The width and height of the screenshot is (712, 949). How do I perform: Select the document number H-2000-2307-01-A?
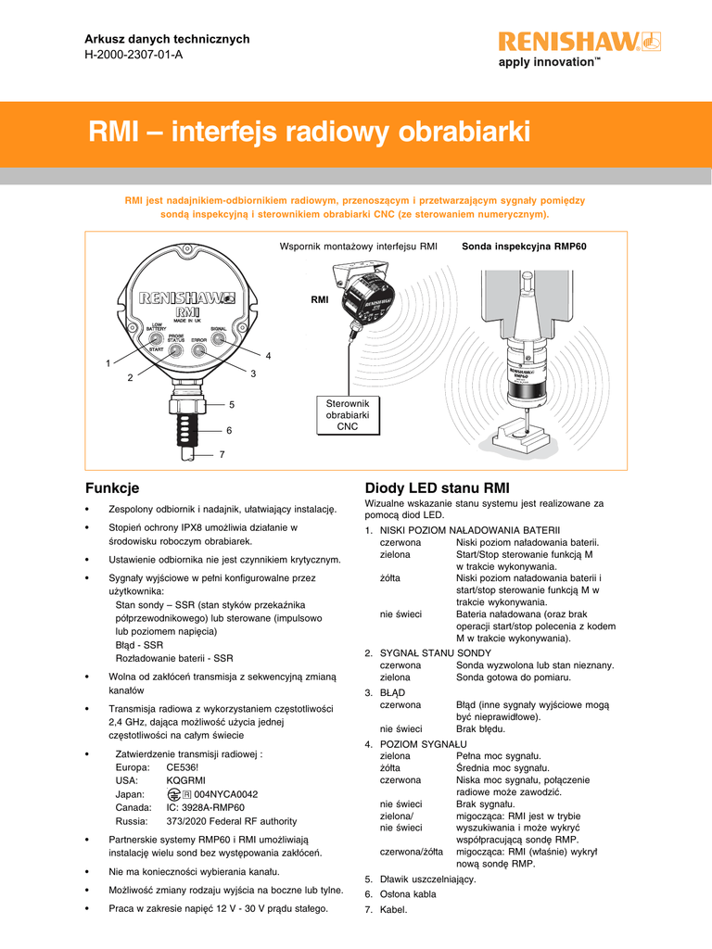pos(133,54)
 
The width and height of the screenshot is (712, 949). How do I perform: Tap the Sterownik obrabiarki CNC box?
pos(348,415)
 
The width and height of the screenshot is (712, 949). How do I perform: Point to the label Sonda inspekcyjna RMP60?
pos(525,247)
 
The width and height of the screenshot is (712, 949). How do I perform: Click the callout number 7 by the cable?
pos(222,455)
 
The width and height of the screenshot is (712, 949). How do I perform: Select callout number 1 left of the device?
pos(108,362)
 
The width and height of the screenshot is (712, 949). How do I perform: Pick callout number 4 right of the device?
pos(268,356)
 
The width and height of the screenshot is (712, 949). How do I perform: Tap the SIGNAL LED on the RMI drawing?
pos(220,340)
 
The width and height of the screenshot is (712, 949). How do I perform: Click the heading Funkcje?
pos(112,487)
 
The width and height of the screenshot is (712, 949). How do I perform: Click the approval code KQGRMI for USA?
pos(186,781)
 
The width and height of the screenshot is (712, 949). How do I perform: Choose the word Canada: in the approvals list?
pos(134,807)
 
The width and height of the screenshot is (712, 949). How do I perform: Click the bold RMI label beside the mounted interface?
pos(320,300)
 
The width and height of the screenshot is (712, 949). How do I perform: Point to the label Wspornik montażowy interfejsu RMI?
pos(358,247)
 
